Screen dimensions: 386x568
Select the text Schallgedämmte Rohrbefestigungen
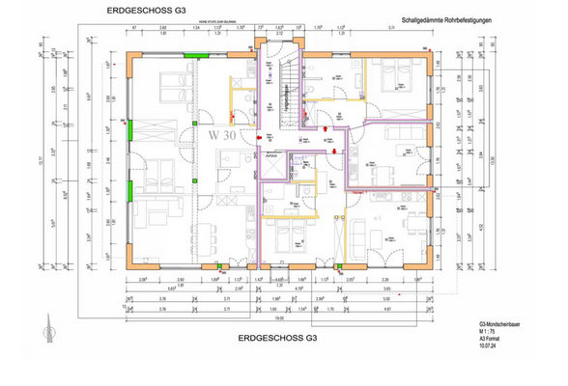point(447,18)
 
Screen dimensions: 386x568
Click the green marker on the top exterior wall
point(197,54)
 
